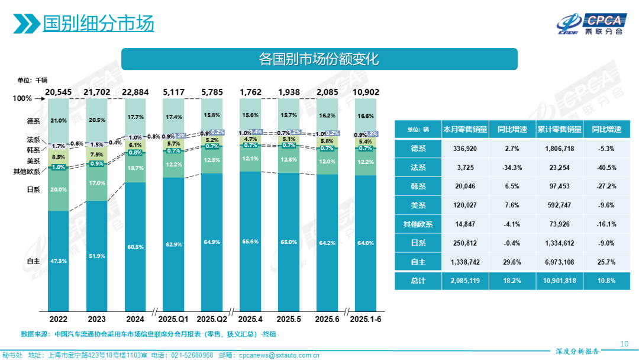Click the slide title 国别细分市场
(98, 24)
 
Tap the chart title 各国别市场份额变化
(319, 59)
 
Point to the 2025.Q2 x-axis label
(213, 319)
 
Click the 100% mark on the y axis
(22, 98)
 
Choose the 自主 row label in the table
(418, 261)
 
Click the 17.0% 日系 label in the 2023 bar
(98, 184)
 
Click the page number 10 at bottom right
(624, 344)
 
